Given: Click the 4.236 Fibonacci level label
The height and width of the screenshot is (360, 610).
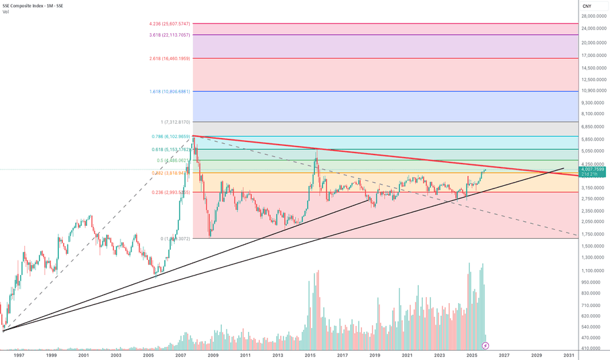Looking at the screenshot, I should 170,24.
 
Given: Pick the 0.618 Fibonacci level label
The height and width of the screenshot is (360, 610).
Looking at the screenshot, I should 171,149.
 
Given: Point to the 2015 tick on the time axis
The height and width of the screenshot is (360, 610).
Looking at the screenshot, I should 310,355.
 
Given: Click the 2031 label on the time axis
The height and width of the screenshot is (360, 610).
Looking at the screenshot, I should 569,355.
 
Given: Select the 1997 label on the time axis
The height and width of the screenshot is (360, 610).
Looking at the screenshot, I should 19,355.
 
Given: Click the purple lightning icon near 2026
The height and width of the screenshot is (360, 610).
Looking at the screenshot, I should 485,344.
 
